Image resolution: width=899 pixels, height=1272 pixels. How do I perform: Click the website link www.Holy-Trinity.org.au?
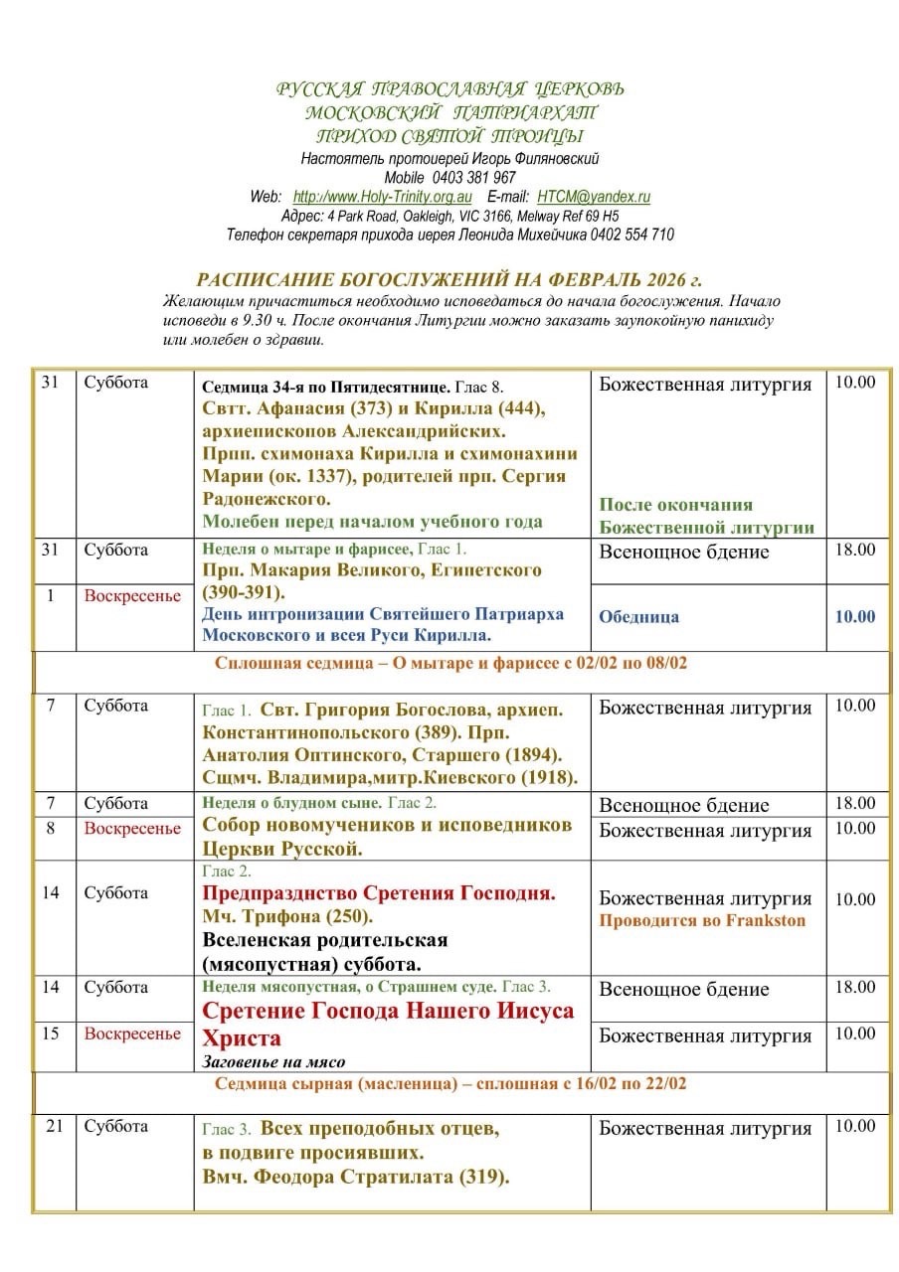(x=382, y=197)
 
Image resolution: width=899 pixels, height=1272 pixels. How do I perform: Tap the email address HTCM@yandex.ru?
(x=594, y=197)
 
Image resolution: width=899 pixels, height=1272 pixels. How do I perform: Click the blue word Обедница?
(x=638, y=616)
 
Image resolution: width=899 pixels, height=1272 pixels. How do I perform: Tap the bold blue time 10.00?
(x=855, y=616)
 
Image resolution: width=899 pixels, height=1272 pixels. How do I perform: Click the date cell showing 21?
(x=55, y=1126)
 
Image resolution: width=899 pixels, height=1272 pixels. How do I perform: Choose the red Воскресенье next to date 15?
(x=132, y=1033)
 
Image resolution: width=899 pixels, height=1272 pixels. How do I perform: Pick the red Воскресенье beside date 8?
(x=132, y=828)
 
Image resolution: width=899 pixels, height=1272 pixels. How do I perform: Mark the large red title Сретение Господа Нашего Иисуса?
(x=388, y=1011)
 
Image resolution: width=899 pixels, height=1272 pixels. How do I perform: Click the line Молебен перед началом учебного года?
(x=372, y=522)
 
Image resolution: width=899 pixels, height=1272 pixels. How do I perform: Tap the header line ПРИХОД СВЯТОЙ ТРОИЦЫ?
(x=449, y=136)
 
